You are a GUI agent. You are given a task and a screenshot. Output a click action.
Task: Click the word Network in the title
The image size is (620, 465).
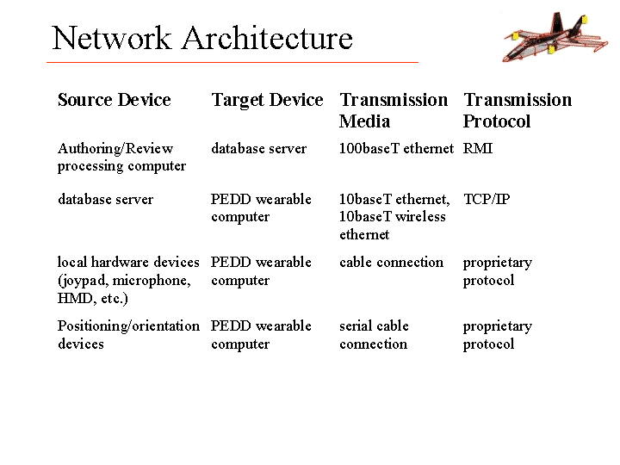112,38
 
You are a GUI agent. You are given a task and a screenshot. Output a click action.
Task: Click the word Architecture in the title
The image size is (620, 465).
267,38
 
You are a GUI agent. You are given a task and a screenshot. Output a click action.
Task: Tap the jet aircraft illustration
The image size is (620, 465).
555,37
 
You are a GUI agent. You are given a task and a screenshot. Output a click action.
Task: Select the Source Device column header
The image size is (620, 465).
115,100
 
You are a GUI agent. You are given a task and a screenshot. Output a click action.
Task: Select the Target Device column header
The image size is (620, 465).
267,101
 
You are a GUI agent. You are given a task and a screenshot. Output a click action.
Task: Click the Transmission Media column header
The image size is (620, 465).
394,110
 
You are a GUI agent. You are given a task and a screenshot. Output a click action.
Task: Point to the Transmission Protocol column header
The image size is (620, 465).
518,110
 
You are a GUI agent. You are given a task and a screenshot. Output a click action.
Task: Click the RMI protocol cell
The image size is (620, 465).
478,149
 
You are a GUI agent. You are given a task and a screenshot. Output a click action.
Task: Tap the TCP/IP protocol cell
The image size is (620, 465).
487,199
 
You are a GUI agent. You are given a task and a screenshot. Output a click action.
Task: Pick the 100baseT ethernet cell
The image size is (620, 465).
397,149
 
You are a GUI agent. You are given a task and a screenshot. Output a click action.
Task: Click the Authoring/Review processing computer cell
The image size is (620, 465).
121,158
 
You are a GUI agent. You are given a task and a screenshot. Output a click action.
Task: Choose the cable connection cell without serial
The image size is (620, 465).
392,263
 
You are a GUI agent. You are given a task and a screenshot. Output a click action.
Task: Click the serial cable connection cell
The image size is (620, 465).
374,335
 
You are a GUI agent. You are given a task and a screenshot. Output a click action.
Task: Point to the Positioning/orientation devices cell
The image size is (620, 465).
128,335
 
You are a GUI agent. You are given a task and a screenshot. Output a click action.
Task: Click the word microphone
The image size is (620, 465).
152,281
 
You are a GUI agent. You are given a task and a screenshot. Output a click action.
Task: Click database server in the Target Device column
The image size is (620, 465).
259,149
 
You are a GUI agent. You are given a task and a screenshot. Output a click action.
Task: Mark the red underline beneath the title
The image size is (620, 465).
232,62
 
